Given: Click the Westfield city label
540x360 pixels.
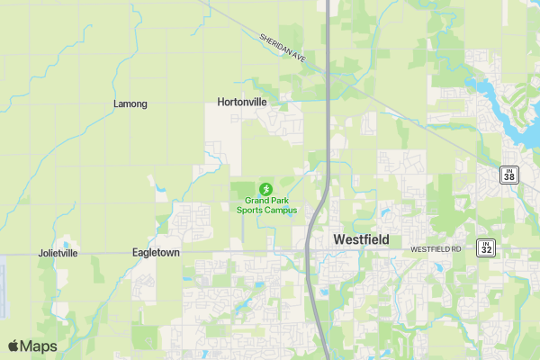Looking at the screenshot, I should [361, 240].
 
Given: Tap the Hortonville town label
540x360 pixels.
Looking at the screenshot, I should [242, 103].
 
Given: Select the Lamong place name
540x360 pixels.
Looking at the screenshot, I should [130, 104].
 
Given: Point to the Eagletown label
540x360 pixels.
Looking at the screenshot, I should [156, 253].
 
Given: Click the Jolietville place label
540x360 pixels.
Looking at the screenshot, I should [58, 254].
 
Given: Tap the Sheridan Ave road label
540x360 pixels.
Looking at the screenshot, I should [283, 49].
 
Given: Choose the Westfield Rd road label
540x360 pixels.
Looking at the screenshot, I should [436, 248].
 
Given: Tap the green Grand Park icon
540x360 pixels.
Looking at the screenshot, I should [265, 189].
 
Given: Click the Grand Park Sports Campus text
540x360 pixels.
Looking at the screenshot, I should [265, 205].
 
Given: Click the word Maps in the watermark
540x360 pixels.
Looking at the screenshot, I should [39, 346].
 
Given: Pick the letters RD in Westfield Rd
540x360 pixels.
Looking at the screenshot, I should [455, 248].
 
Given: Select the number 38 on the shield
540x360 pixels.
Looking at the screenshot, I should [509, 176].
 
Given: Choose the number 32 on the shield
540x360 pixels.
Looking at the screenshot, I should [486, 248].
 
